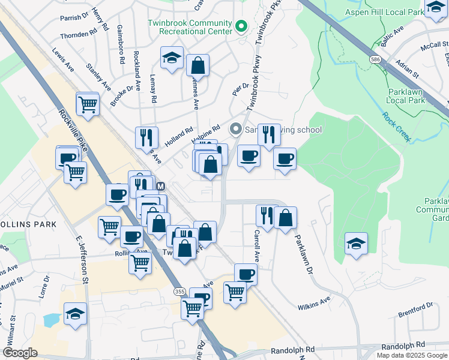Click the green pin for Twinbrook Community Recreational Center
tap(241, 26)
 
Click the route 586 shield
tap(376, 60)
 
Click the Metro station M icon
tap(160, 186)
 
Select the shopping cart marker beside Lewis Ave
tap(88, 104)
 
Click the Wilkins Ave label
tap(314, 303)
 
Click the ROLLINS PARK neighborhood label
tap(28, 224)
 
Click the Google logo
tap(20, 353)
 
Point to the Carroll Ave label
tap(256, 246)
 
